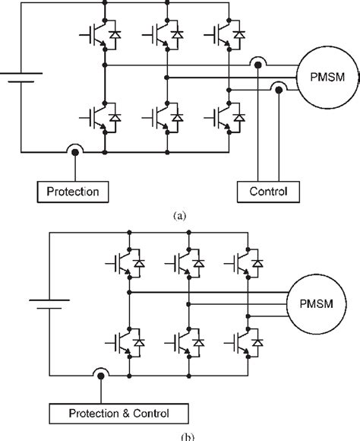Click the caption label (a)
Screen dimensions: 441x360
(x=180, y=216)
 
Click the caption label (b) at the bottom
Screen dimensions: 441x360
(x=180, y=436)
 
